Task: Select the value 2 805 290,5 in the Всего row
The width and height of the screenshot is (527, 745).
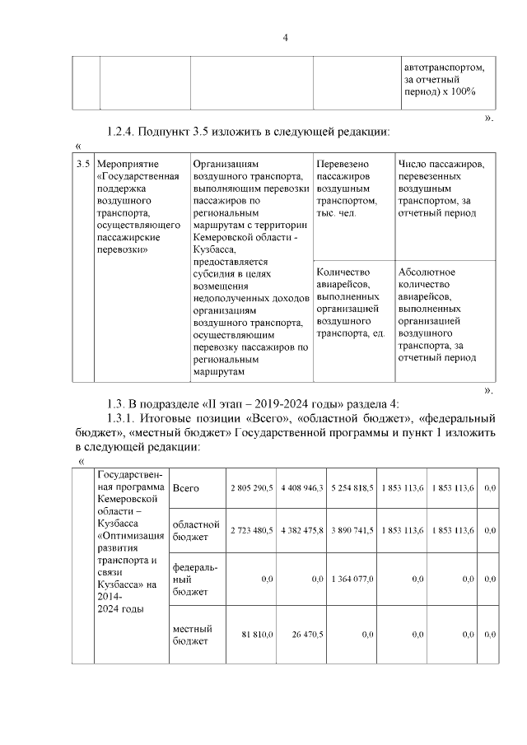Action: click(251, 489)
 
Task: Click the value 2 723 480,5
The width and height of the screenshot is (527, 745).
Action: click(251, 531)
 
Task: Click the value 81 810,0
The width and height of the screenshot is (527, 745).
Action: click(257, 635)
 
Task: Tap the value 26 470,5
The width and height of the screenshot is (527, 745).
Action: click(306, 635)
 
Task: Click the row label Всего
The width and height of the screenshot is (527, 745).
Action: click(185, 489)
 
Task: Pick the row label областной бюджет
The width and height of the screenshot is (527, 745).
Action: click(195, 531)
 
